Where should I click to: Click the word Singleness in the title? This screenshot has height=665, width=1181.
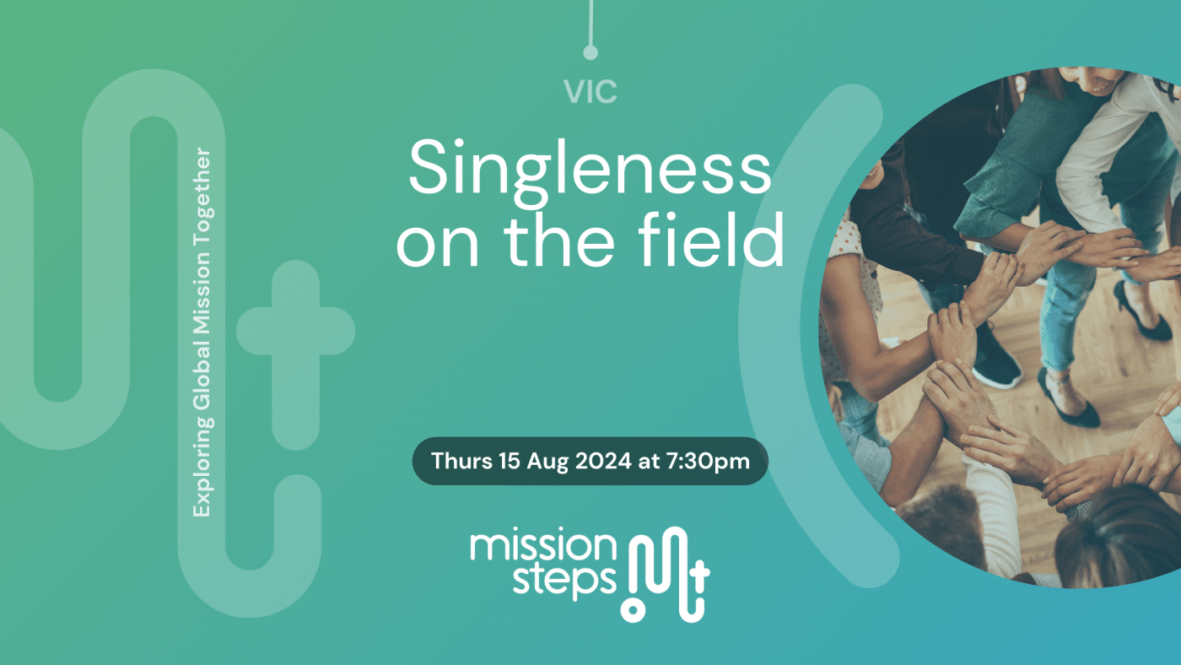590,166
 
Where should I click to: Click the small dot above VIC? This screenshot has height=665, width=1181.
590,52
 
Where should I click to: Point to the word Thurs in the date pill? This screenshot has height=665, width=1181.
456,462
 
